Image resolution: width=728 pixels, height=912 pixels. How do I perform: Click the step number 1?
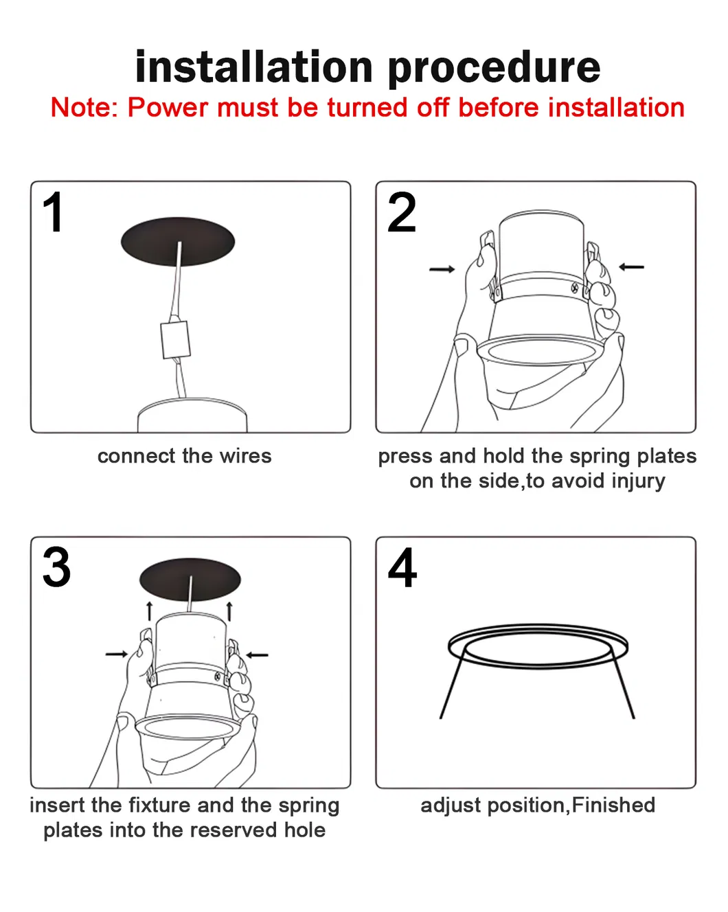pyautogui.click(x=53, y=213)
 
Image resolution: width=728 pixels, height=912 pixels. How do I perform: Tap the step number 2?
pyautogui.click(x=402, y=213)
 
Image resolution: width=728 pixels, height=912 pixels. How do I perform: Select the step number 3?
pyautogui.click(x=56, y=567)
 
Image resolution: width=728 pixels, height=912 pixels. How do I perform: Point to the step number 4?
pyautogui.click(x=402, y=568)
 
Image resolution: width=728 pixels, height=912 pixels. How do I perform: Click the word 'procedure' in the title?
pyautogui.click(x=494, y=67)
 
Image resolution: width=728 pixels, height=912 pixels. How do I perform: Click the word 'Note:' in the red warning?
pyautogui.click(x=84, y=108)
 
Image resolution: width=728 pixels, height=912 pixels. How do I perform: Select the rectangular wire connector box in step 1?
pyautogui.click(x=175, y=340)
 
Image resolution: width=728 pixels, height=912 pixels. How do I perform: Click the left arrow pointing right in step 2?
pyautogui.click(x=442, y=269)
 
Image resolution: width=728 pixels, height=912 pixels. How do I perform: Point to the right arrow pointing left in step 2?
pyautogui.click(x=632, y=266)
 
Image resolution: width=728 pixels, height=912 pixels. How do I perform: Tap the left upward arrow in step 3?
pyautogui.click(x=149, y=611)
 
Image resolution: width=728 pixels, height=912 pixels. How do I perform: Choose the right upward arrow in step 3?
pyautogui.click(x=229, y=611)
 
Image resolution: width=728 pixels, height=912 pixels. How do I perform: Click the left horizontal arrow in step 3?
pyautogui.click(x=117, y=654)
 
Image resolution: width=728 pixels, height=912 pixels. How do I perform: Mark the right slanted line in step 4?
pyautogui.click(x=624, y=687)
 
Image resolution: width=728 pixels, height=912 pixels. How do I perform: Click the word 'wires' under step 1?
pyautogui.click(x=245, y=456)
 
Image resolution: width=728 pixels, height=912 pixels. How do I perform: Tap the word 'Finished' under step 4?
pyautogui.click(x=613, y=805)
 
